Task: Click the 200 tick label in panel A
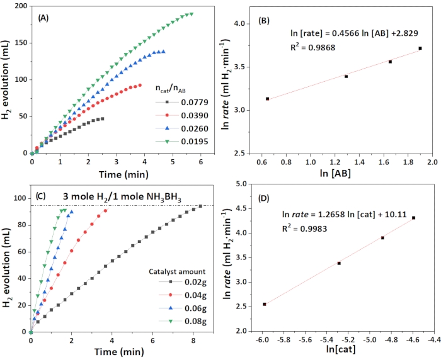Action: coord(20,7)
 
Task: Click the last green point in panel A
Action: coord(191,14)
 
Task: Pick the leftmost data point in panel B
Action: coord(268,99)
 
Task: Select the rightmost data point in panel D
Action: coord(413,218)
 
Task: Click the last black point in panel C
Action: coord(200,206)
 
